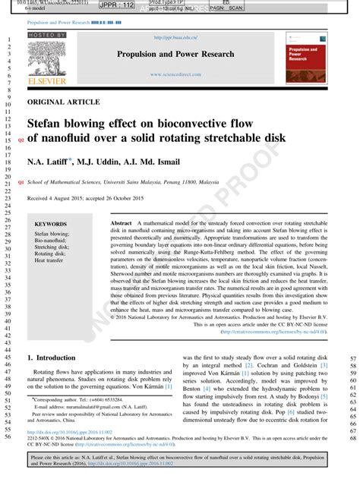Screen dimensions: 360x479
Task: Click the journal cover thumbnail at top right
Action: (306, 57)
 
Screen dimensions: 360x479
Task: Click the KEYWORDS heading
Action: (51, 225)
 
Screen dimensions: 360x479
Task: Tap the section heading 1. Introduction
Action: (52, 357)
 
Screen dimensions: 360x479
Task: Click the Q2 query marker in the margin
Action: (21, 140)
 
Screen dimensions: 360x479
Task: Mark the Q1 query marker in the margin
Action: (21, 183)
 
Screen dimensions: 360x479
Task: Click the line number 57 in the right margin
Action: (352, 359)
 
